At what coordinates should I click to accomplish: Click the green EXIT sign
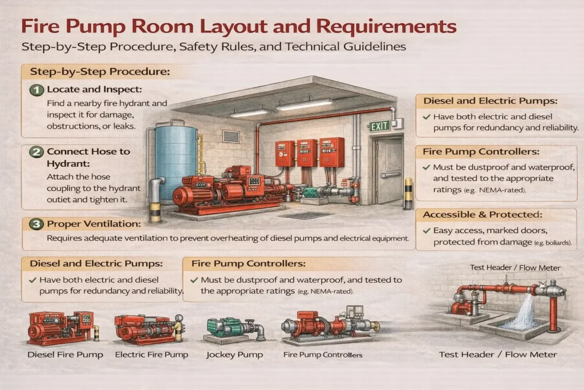379,126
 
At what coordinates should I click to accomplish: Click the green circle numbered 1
37,90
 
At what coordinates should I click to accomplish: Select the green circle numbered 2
37,152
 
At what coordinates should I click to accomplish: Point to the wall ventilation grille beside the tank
230,136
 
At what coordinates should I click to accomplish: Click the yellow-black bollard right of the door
408,194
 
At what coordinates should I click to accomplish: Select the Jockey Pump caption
234,355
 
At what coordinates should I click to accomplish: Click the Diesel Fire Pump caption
66,355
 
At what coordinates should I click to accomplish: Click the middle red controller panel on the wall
306,152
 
